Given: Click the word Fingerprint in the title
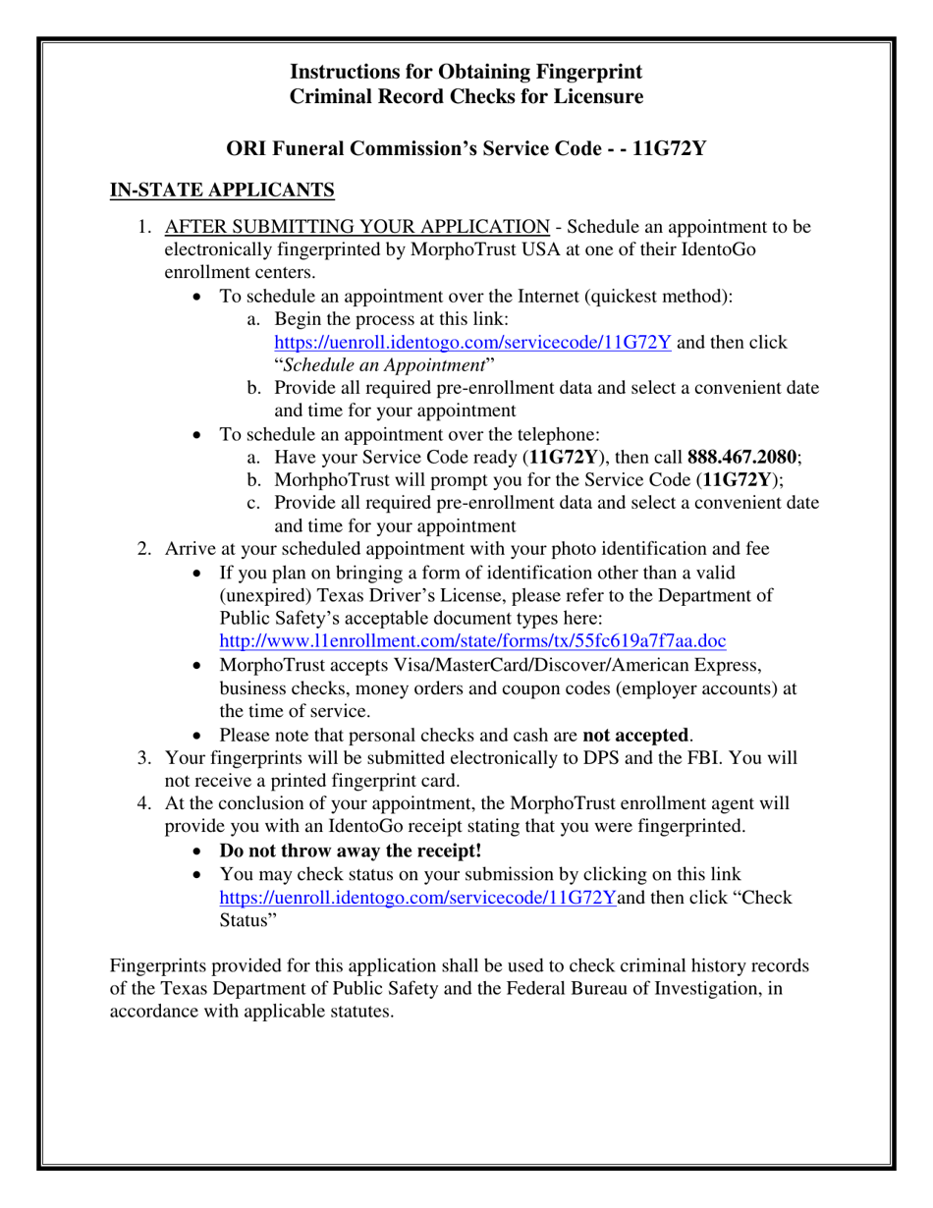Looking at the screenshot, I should tap(588, 71).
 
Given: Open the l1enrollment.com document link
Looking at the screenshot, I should tap(472, 641).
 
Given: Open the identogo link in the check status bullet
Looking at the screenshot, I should tap(417, 896).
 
